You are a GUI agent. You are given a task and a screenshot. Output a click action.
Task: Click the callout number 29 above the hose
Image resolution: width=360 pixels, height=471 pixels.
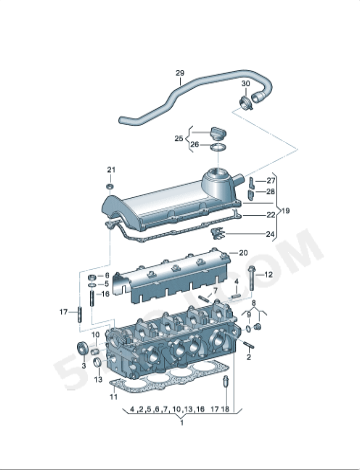[x=180, y=73]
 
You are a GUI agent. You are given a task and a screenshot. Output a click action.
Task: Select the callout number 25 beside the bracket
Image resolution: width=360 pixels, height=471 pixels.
[x=179, y=138]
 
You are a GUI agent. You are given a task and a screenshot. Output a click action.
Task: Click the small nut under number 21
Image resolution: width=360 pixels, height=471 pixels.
[x=110, y=185]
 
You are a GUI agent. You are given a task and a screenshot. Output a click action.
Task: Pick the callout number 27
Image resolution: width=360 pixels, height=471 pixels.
[x=270, y=180]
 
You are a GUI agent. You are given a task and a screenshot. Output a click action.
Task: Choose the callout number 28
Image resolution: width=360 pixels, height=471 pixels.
[x=270, y=191]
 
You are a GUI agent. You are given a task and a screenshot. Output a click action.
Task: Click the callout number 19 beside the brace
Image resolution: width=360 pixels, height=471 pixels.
[x=284, y=212]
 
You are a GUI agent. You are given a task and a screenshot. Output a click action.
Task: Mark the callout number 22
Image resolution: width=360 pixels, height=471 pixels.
[x=270, y=213]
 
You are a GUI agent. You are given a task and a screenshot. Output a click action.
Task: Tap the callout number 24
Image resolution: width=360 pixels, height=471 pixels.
[x=270, y=234]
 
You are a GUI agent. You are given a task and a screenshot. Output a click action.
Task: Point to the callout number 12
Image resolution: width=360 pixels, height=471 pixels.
[x=268, y=274]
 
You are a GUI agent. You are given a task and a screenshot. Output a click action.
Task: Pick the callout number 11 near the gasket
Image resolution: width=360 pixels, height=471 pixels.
[x=114, y=398]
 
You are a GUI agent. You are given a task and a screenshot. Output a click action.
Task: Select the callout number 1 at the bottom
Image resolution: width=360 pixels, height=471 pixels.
[x=181, y=421]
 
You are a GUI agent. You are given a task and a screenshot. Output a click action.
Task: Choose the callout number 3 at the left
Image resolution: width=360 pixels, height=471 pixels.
[x=84, y=367]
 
